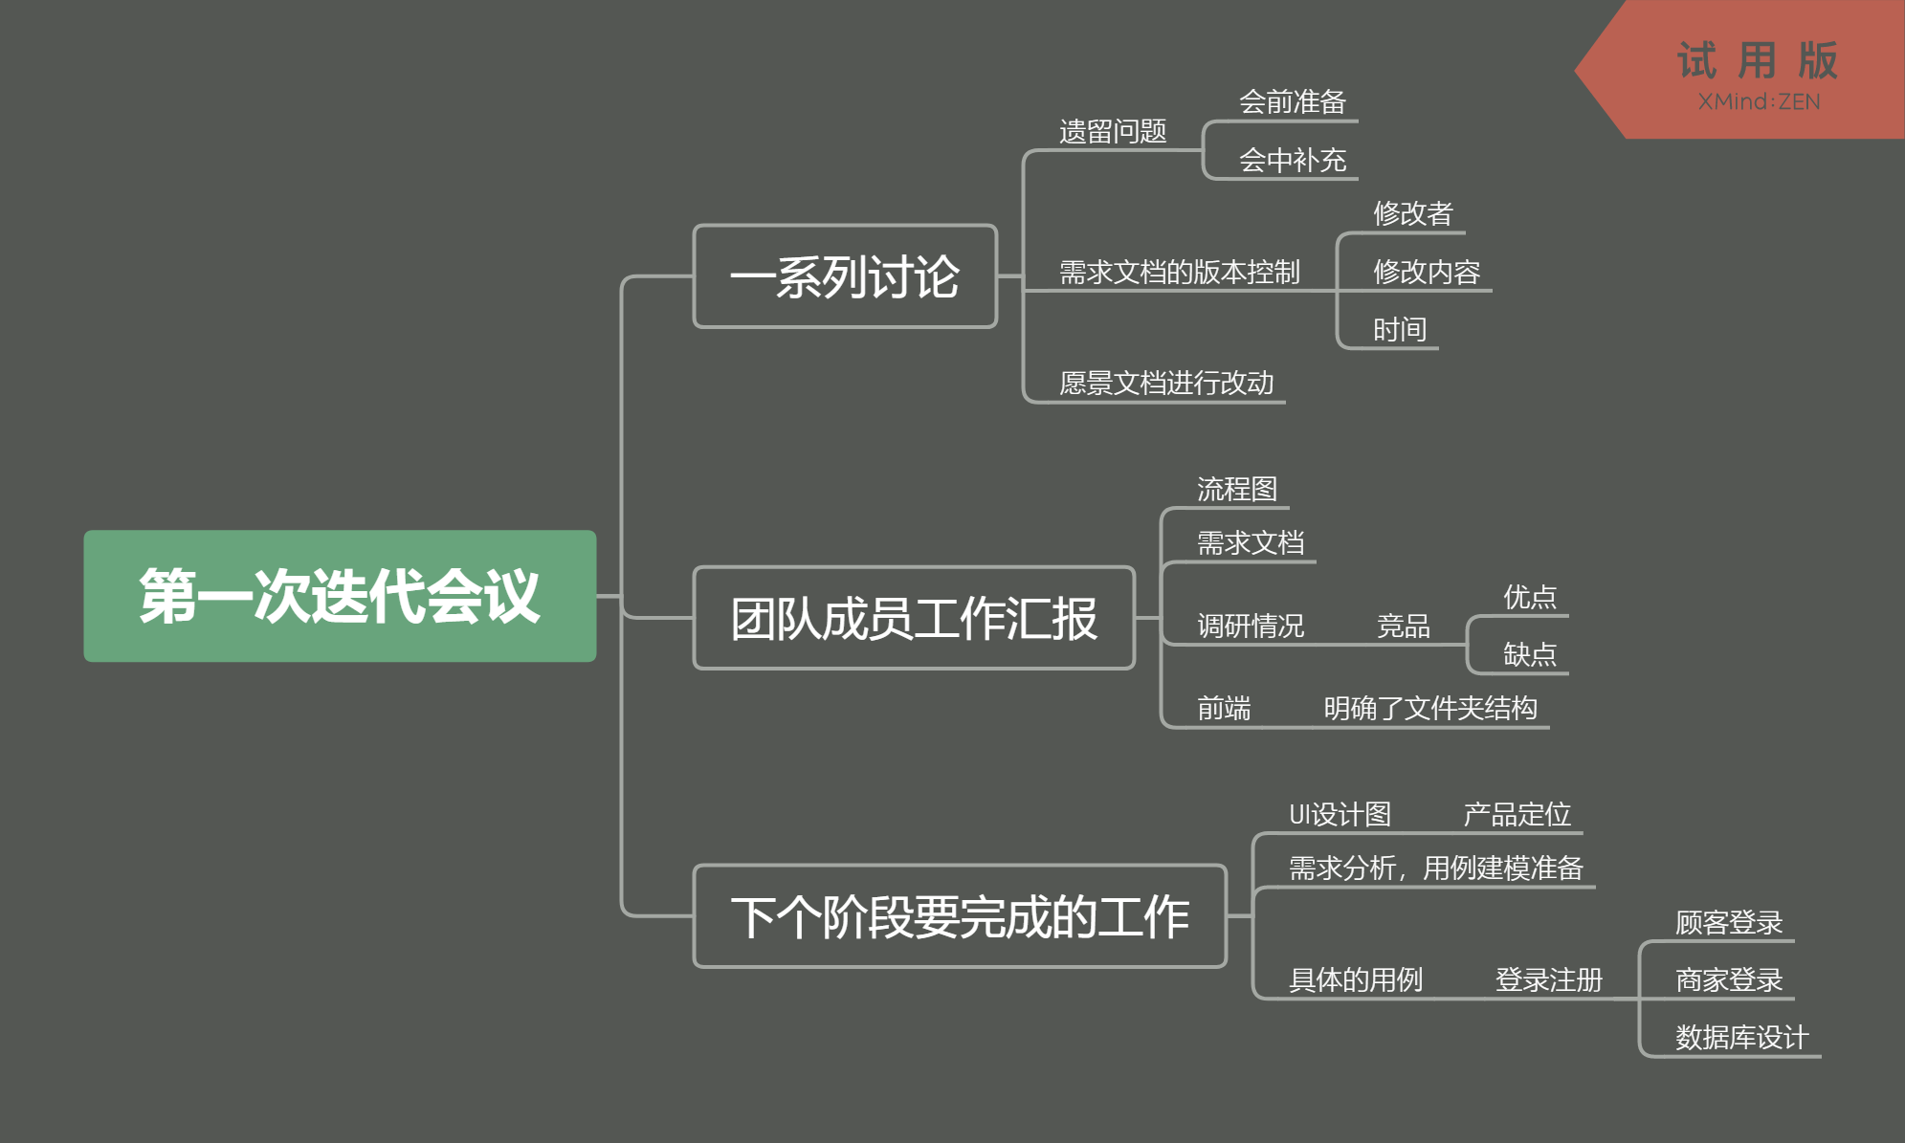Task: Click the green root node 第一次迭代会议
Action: point(340,596)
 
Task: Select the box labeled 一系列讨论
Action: point(845,276)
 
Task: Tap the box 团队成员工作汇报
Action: point(914,618)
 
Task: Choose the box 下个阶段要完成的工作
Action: point(960,916)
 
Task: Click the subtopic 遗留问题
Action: point(1113,131)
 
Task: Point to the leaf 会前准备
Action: point(1293,101)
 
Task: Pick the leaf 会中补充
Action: point(1293,160)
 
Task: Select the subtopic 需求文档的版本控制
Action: point(1179,273)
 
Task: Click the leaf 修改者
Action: point(1413,213)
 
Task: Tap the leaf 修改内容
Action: point(1427,272)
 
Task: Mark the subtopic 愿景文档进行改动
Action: point(1166,384)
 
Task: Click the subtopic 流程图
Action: point(1237,489)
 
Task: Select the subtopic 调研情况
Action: point(1251,626)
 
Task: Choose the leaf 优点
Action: point(1530,597)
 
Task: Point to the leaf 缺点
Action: point(1530,654)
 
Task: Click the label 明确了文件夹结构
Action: point(1430,708)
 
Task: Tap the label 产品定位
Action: point(1517,814)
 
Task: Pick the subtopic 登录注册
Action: point(1548,979)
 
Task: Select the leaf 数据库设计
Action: point(1741,1037)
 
